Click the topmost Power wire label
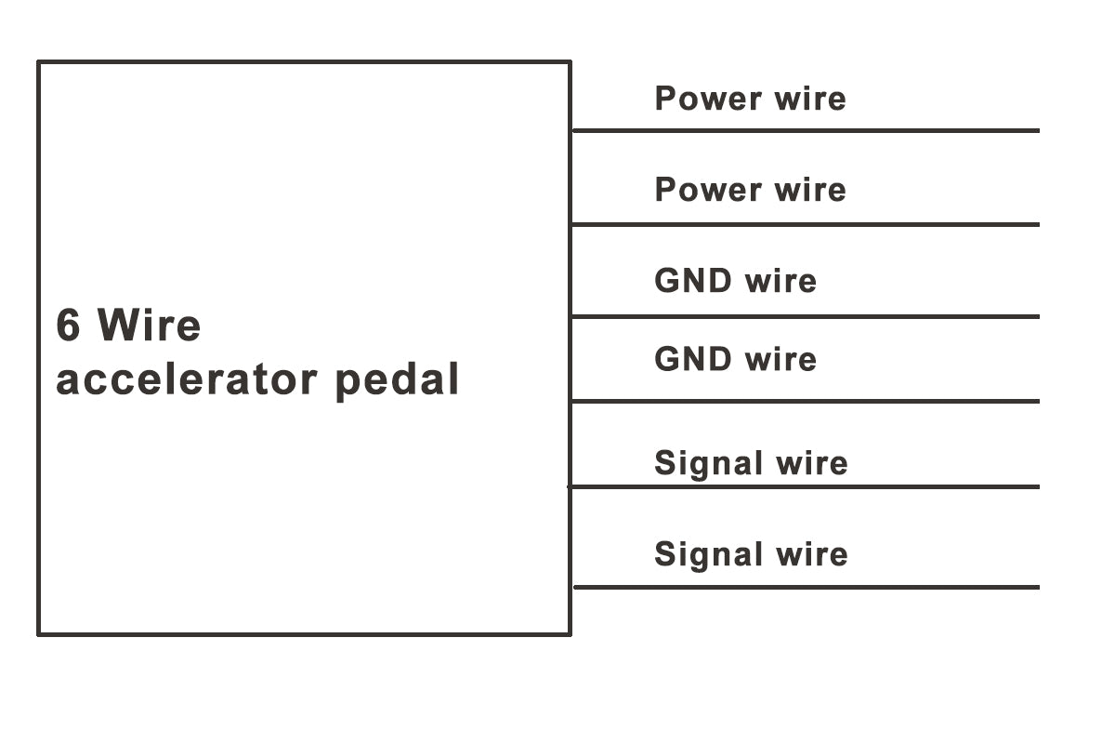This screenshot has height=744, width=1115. [x=750, y=99]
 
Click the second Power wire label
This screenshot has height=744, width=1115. [x=750, y=190]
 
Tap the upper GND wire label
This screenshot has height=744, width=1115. [x=735, y=281]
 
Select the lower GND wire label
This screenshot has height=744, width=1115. [x=735, y=359]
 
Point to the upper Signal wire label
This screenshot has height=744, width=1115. [x=751, y=463]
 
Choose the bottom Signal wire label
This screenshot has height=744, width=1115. [x=751, y=554]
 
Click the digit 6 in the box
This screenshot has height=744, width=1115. [x=68, y=325]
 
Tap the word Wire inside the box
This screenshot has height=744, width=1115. [x=149, y=325]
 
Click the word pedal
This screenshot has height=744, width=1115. [x=397, y=380]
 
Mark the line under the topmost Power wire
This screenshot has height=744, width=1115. [x=805, y=131]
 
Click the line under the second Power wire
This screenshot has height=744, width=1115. [x=805, y=224]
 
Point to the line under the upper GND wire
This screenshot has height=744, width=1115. [x=805, y=316]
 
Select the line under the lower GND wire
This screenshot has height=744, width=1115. [x=805, y=402]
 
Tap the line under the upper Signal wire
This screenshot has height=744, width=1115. [x=805, y=486]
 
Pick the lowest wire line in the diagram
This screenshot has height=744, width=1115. [x=805, y=587]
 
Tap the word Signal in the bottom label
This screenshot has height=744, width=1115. [x=708, y=555]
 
